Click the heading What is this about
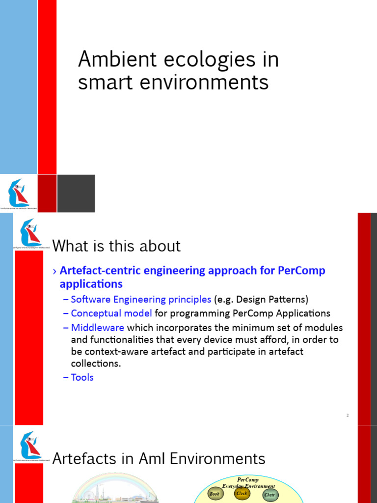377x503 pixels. [116, 246]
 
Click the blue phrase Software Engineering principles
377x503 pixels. [141, 299]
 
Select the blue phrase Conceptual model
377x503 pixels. [111, 313]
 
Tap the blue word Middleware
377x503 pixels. [98, 327]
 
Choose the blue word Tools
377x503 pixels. [82, 377]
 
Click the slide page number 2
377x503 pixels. [347, 416]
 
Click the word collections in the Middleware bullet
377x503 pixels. [96, 364]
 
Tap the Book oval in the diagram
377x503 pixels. [215, 494]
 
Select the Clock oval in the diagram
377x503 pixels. [242, 493]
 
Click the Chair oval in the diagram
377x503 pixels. [269, 495]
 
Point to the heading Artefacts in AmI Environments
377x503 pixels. [159, 459]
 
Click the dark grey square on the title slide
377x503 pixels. [76, 194]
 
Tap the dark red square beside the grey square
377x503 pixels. [47, 194]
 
